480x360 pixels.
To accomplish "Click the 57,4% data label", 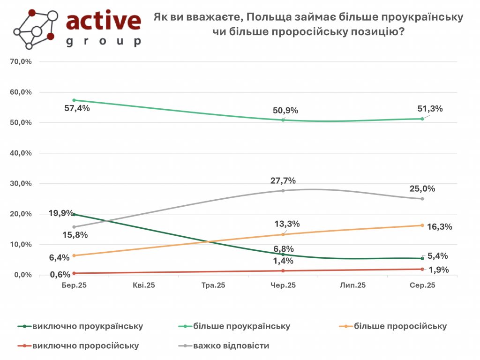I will pos(77,108).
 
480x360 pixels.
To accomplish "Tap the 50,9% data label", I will pos(285,111).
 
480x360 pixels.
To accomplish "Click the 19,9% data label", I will pos(61,213).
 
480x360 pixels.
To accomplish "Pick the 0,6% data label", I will pos(60,275).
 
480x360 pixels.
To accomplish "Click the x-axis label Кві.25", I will pos(143,285).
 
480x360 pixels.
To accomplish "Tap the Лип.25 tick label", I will pos(352,285).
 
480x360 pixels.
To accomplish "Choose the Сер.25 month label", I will pos(422,285).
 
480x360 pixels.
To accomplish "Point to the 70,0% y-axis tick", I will pos(21,61).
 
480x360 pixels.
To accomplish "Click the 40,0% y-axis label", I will pos(21,153).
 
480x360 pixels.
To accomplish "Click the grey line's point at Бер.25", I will pos(74,227).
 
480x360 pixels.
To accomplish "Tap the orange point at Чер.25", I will pos(283,234).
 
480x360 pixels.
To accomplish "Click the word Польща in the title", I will pos(266,17).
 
